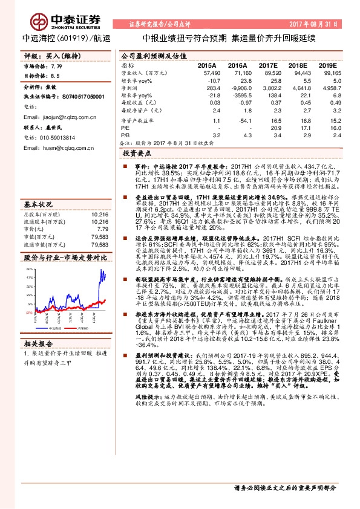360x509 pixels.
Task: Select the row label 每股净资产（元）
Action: coord(142,111)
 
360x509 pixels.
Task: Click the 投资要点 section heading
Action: coord(134,155)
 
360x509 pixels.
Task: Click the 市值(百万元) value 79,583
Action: coord(99,236)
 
